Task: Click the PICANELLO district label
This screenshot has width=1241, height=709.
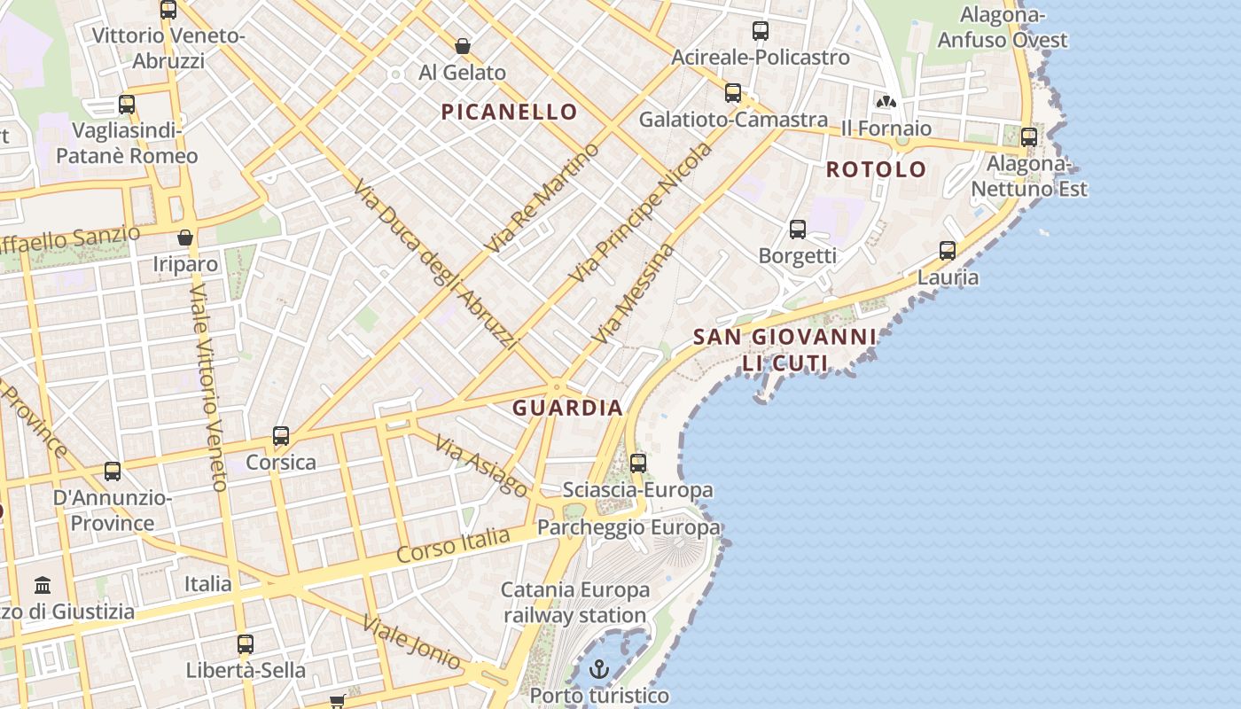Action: click(x=510, y=112)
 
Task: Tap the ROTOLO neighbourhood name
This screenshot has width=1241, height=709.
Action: click(x=876, y=169)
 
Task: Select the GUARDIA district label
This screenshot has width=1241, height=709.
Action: click(x=567, y=408)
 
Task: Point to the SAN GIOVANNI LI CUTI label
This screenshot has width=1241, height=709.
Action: click(x=784, y=350)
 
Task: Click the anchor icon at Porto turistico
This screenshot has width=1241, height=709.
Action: click(x=600, y=669)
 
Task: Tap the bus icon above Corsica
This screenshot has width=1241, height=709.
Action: click(x=281, y=436)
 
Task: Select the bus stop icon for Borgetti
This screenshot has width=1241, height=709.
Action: click(x=798, y=230)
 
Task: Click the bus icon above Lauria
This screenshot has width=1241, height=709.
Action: click(x=948, y=251)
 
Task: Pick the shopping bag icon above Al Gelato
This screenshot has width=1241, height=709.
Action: click(x=462, y=46)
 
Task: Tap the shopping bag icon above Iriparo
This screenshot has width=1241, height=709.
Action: click(x=185, y=238)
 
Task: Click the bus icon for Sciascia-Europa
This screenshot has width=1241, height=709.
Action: click(x=638, y=463)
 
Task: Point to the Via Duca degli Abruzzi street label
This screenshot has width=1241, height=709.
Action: click(x=434, y=264)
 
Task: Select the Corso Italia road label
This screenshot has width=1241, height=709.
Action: click(x=453, y=544)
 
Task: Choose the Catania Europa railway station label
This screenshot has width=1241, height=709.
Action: click(x=575, y=603)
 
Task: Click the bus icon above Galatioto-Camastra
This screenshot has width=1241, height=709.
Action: click(x=733, y=93)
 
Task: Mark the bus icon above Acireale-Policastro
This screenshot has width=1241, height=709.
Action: click(x=761, y=31)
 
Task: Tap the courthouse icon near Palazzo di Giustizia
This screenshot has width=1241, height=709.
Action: click(x=43, y=585)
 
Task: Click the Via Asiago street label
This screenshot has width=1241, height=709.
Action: click(x=482, y=466)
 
